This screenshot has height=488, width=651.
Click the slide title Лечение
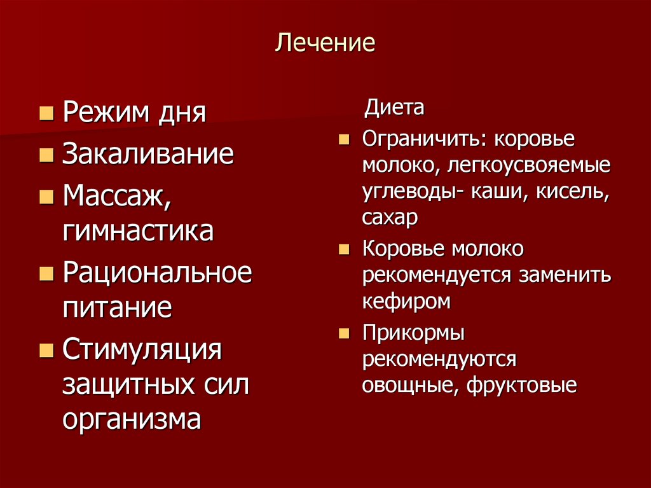(325, 43)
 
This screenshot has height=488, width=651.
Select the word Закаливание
(148, 155)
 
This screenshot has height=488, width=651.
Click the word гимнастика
(138, 230)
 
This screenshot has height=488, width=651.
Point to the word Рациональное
(157, 274)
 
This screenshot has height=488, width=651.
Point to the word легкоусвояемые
(529, 166)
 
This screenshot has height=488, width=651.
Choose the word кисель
(577, 192)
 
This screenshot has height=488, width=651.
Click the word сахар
(390, 218)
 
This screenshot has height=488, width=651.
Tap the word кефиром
(406, 301)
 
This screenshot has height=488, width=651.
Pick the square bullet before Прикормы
(344, 333)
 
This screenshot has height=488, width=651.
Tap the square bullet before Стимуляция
(46, 351)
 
